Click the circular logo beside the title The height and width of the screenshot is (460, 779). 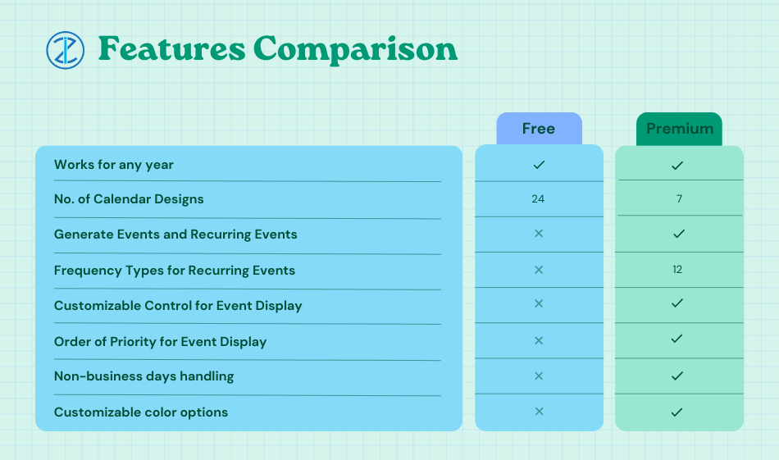[x=65, y=50]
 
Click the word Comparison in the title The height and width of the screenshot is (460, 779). [x=355, y=50]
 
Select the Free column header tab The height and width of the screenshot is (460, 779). [x=539, y=129]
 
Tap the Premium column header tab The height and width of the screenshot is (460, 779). [x=679, y=129]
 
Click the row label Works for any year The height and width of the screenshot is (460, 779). [x=114, y=165]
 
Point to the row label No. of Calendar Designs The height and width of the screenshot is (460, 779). [x=129, y=198]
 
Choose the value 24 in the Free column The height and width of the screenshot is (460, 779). [x=538, y=198]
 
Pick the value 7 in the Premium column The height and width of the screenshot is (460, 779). [x=679, y=198]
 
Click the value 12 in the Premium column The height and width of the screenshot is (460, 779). [x=677, y=269]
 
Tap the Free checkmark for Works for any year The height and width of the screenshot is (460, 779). [x=539, y=165]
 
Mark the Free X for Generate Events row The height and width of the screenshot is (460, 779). [x=539, y=234]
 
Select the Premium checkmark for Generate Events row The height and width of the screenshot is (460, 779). [x=679, y=234]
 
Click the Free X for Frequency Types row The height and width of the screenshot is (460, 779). [x=539, y=270]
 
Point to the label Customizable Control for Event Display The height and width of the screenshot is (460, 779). [x=178, y=306]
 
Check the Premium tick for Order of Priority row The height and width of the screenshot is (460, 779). [x=676, y=339]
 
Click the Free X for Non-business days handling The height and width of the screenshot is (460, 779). [x=539, y=376]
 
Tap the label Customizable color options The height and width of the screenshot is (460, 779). [x=141, y=412]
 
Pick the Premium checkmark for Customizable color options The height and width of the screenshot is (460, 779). [x=676, y=412]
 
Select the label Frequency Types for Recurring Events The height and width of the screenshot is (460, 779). [x=175, y=271]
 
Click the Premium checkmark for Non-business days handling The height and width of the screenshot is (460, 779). [x=676, y=376]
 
